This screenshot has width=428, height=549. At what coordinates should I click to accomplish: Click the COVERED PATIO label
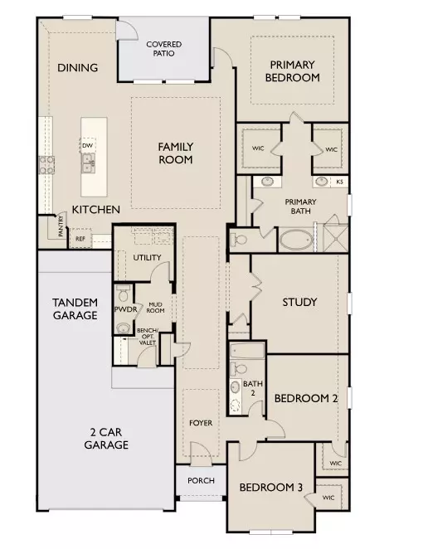(x=164, y=49)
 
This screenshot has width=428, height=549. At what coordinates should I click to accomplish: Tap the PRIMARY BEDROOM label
(x=293, y=71)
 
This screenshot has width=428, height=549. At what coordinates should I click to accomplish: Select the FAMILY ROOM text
(x=176, y=153)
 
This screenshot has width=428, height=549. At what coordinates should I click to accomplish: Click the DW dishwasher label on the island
(x=87, y=146)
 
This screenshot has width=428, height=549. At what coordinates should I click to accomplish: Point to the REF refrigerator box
(x=80, y=239)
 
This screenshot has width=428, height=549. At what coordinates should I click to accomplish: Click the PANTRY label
(x=61, y=226)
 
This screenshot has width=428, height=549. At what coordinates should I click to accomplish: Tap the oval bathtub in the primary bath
(x=296, y=240)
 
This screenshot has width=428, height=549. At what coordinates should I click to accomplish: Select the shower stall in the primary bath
(x=336, y=238)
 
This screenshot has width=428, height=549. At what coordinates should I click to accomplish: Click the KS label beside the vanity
(x=339, y=182)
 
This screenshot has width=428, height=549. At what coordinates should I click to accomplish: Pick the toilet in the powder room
(x=123, y=294)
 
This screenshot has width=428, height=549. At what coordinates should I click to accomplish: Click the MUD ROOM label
(x=155, y=308)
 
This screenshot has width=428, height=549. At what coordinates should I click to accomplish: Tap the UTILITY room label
(x=147, y=258)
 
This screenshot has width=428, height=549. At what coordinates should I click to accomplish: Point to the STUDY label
(x=299, y=302)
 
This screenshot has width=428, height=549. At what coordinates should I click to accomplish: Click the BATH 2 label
(x=253, y=388)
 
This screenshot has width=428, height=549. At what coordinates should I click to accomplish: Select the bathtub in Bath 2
(x=247, y=351)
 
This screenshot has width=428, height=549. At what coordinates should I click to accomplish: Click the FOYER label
(x=201, y=423)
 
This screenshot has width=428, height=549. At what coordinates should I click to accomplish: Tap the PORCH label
(x=201, y=481)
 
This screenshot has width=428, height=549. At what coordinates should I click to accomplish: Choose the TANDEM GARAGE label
(x=75, y=309)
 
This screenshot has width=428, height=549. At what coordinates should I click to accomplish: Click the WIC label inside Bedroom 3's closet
(x=328, y=498)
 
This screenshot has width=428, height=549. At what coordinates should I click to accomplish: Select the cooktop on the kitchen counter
(x=46, y=165)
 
